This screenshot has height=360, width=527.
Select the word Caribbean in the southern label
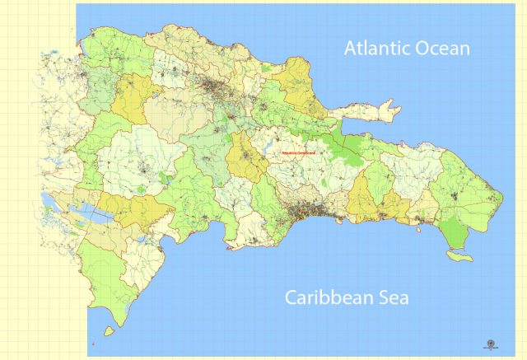333,297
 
